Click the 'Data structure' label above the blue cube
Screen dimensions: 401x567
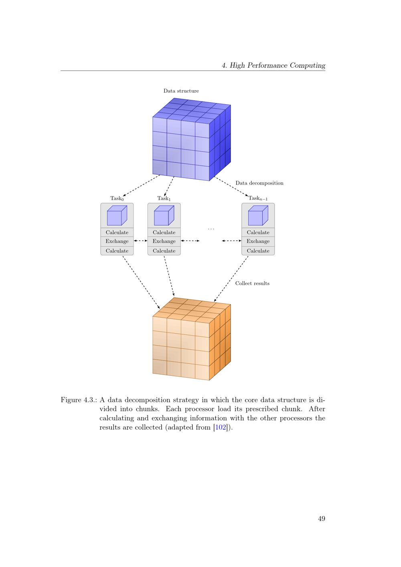181,91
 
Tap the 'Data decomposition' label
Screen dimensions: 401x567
259,183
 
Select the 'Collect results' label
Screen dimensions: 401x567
252,283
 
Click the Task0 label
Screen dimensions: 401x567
117,198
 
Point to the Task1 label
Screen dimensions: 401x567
164,198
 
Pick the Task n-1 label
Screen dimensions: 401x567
258,198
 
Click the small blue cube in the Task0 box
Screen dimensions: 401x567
117,215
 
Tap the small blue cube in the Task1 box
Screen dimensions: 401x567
164,215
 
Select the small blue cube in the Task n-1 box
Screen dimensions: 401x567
258,215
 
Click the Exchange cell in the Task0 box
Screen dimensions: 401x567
117,241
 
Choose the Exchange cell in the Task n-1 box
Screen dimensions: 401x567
258,241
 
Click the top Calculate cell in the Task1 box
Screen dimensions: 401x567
164,232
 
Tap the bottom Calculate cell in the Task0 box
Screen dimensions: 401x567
117,251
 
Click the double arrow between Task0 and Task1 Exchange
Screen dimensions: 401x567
140,241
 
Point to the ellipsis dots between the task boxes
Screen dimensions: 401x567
211,229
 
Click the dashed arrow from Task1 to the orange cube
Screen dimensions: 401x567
169,276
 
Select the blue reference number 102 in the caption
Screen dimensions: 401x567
221,427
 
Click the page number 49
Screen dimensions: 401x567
321,518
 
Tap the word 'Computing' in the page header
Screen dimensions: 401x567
307,65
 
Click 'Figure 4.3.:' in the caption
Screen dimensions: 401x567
79,400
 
